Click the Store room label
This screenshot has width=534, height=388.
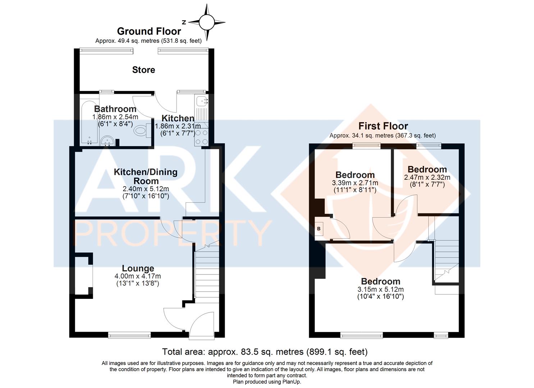pyautogui.click(x=143, y=70)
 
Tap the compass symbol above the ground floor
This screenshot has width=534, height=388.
pyautogui.click(x=207, y=22)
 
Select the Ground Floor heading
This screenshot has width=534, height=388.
pyautogui.click(x=149, y=31)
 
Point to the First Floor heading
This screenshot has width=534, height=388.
pyautogui.click(x=383, y=126)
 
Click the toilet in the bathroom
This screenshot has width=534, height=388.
pyautogui.click(x=142, y=130)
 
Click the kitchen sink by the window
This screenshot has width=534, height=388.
pyautogui.click(x=202, y=101)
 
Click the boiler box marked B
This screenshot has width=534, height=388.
pyautogui.click(x=319, y=229)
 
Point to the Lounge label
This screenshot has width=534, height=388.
pyautogui.click(x=138, y=268)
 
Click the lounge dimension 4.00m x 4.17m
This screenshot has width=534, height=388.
pyautogui.click(x=138, y=276)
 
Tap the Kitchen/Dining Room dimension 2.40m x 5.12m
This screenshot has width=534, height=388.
pyautogui.click(x=146, y=189)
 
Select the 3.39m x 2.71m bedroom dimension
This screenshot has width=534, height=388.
pyautogui.click(x=355, y=183)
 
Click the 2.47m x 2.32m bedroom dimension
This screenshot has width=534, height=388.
pyautogui.click(x=427, y=177)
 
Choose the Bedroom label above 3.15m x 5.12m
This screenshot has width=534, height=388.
pyautogui.click(x=380, y=282)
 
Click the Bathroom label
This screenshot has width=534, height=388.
pyautogui.click(x=115, y=109)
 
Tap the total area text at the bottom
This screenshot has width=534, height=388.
pyautogui.click(x=265, y=352)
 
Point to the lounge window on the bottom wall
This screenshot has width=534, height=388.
pyautogui.click(x=129, y=336)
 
